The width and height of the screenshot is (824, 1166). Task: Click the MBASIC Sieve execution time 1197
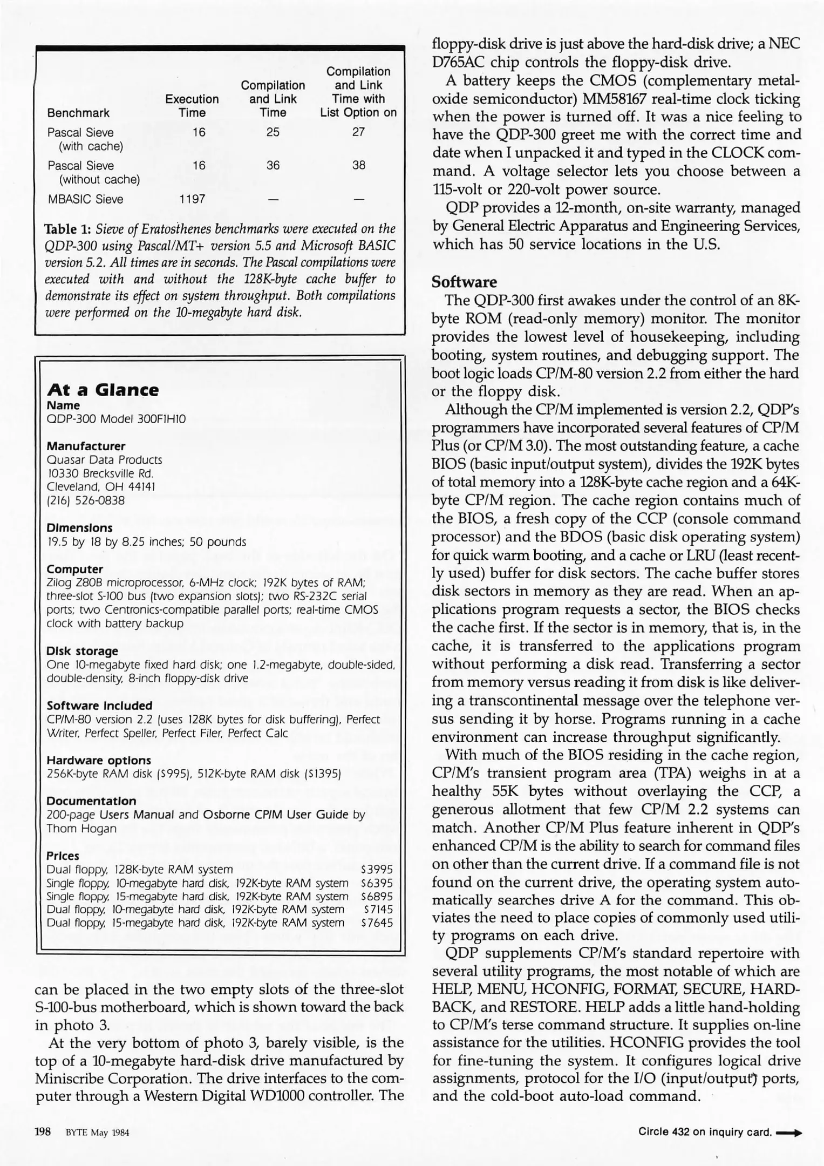coord(192,199)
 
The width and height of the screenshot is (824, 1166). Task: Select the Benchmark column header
coord(78,113)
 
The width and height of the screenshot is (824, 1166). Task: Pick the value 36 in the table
coord(273,166)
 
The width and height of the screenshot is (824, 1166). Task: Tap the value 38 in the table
coord(359,166)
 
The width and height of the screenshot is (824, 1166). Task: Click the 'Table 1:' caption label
coord(70,229)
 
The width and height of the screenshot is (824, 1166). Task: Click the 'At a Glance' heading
coord(103,390)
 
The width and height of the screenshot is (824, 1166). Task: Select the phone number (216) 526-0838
coord(86,500)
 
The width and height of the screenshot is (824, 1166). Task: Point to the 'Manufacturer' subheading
coord(86,446)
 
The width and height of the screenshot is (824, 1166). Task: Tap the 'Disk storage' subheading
coord(82,651)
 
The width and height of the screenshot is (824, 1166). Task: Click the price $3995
coord(377,870)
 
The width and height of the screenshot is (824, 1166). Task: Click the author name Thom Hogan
coord(81,829)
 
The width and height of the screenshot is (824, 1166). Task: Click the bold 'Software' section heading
coord(464,282)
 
